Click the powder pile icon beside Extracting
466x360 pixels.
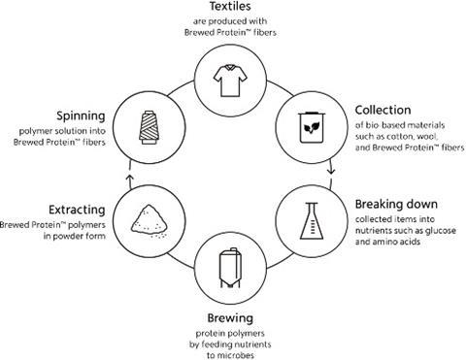(x=147, y=217)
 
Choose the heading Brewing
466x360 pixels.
(x=232, y=317)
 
